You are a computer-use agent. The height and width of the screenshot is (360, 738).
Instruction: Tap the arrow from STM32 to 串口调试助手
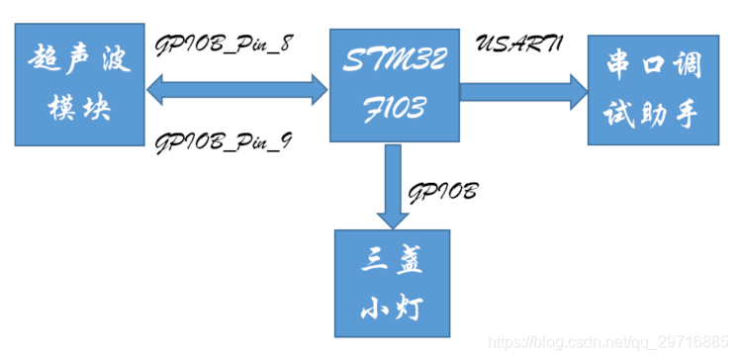click(523, 92)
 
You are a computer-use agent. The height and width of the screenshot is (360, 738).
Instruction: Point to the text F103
click(392, 107)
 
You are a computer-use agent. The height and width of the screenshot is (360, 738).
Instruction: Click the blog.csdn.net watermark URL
click(611, 341)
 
